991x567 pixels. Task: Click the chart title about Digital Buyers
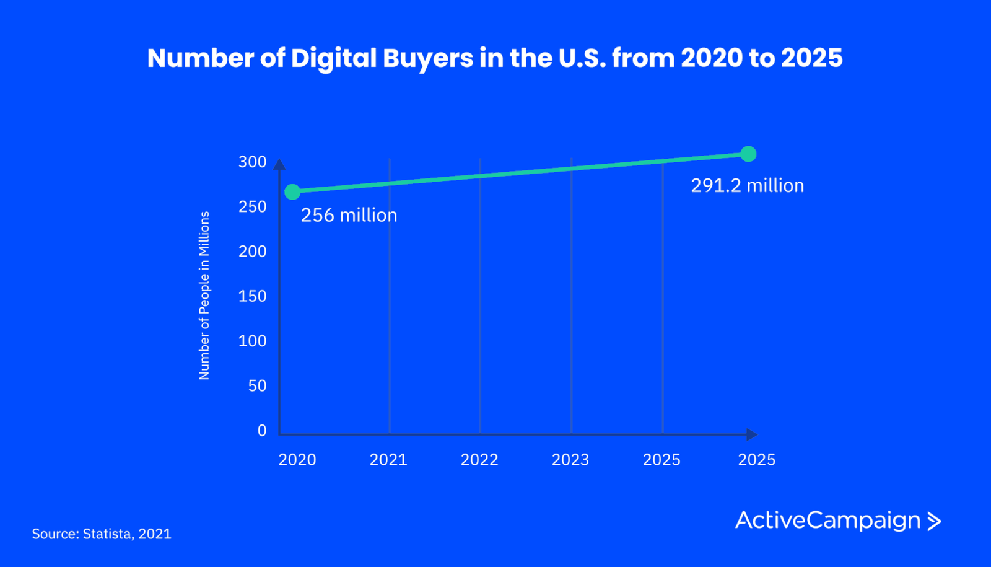[x=495, y=58]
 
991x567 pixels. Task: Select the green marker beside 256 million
[x=292, y=192]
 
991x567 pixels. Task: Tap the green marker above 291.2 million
[x=748, y=154]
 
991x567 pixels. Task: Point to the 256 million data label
[x=349, y=216]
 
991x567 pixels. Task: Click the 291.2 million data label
[x=747, y=186]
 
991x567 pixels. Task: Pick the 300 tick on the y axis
[x=252, y=162]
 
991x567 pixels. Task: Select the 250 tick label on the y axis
[x=252, y=207]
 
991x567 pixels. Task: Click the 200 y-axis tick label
[x=252, y=252]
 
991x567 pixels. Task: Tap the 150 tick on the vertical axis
[x=252, y=296]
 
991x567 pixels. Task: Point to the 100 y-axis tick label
[x=252, y=341]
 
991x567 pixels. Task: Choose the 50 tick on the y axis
[x=257, y=386]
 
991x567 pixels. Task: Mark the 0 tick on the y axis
[x=262, y=431]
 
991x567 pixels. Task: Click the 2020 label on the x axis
[x=297, y=460]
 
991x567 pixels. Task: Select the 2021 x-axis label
[x=388, y=460]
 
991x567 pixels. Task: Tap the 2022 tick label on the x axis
[x=479, y=460]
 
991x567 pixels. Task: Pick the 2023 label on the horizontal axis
[x=570, y=460]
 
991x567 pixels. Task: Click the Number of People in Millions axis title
[x=204, y=296]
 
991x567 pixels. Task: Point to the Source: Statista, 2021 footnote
[x=102, y=534]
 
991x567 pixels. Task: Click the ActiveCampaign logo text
[x=827, y=521]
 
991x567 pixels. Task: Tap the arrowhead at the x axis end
[x=751, y=434]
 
